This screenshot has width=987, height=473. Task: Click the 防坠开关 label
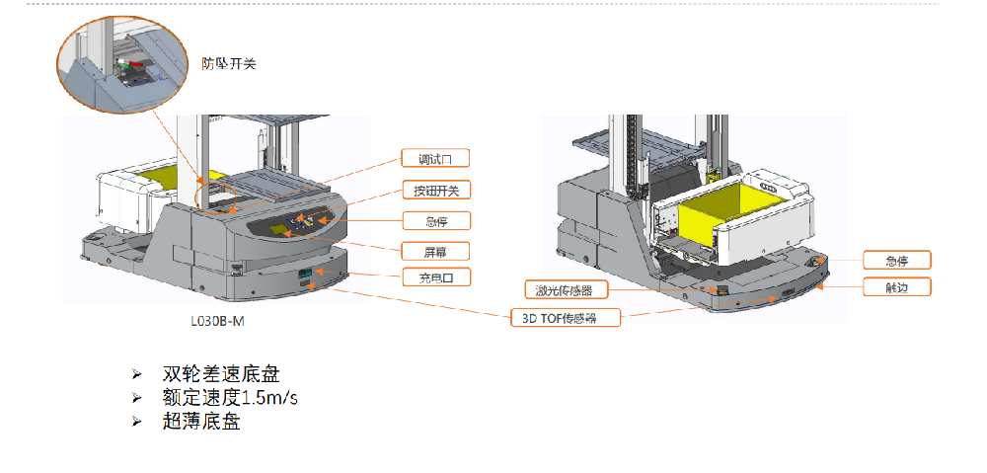pyautogui.click(x=228, y=64)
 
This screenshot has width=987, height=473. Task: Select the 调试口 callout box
pyautogui.click(x=435, y=158)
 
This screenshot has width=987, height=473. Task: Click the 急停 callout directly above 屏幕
pyautogui.click(x=435, y=219)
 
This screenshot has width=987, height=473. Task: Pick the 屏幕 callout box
pyautogui.click(x=435, y=250)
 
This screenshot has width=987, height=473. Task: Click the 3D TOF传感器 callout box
pyautogui.click(x=567, y=318)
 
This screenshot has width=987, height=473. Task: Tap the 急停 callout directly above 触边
pyautogui.click(x=896, y=261)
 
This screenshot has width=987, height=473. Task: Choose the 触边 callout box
pyautogui.click(x=896, y=287)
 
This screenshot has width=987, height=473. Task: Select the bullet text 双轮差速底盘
pyautogui.click(x=221, y=375)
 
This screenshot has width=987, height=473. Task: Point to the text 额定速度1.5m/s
pyautogui.click(x=230, y=398)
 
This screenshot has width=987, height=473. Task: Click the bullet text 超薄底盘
pyautogui.click(x=201, y=422)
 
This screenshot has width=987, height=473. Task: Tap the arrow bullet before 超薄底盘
pyautogui.click(x=137, y=422)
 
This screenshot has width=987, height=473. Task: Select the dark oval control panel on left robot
pyautogui.click(x=296, y=222)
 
